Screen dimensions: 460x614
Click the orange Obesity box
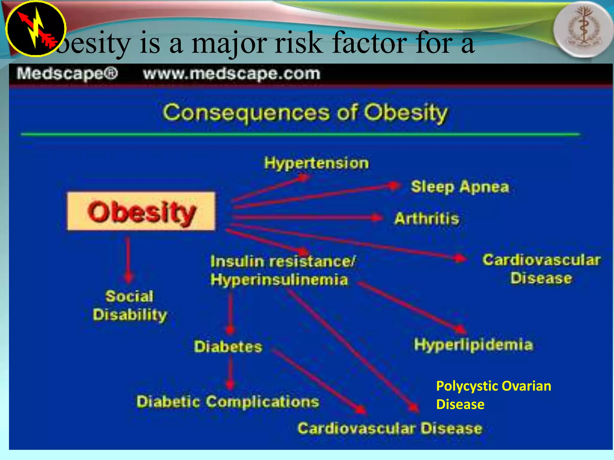tap(141, 211)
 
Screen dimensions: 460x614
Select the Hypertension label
tap(316, 163)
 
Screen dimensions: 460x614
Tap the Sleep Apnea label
tap(460, 187)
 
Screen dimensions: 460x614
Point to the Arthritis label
tap(427, 218)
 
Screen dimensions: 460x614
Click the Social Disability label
tap(130, 305)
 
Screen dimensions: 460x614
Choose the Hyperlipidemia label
tap(473, 344)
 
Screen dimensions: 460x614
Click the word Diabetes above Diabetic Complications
tap(228, 346)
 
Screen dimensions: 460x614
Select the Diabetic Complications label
tap(228, 402)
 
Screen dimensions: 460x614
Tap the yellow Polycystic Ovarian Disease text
tap(493, 395)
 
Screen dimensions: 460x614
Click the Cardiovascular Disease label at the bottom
tap(390, 428)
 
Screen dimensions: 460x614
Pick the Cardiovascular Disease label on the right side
tap(541, 269)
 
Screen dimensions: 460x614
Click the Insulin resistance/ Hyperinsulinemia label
tap(282, 270)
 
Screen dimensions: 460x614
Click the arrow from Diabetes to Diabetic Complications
tap(230, 371)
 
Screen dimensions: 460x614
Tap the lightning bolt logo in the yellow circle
tap(35, 28)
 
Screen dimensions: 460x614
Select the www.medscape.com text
tap(231, 74)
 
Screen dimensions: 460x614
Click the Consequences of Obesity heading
tap(305, 113)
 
